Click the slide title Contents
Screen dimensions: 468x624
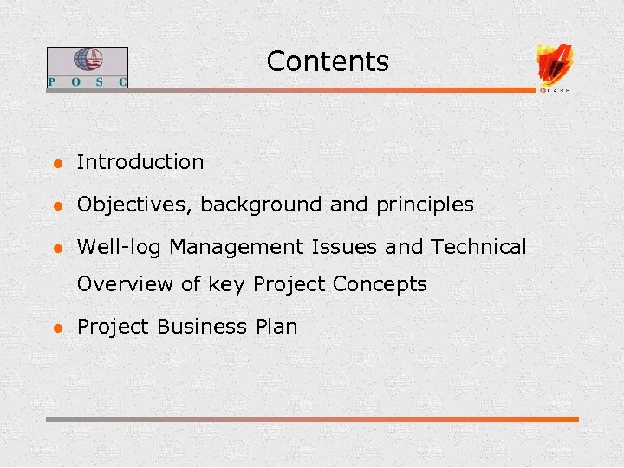point(328,62)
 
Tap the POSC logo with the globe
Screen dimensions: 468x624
point(87,67)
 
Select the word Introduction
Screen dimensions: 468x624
point(140,162)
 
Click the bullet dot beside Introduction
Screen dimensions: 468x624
point(55,163)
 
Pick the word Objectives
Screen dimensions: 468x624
point(135,205)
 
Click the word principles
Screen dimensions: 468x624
point(425,205)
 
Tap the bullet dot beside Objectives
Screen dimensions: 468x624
point(55,206)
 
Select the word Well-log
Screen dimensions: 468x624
point(120,248)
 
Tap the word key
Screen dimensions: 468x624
point(228,284)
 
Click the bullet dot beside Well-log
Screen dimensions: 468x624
point(55,249)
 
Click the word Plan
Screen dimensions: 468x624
point(276,327)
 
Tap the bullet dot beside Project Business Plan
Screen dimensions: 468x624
point(55,328)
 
